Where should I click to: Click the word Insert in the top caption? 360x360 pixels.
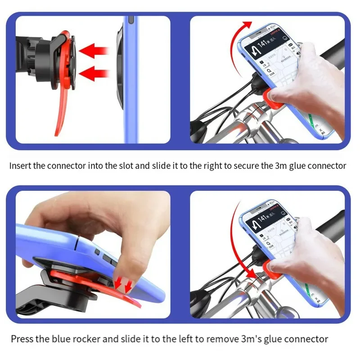pos(21,166)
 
